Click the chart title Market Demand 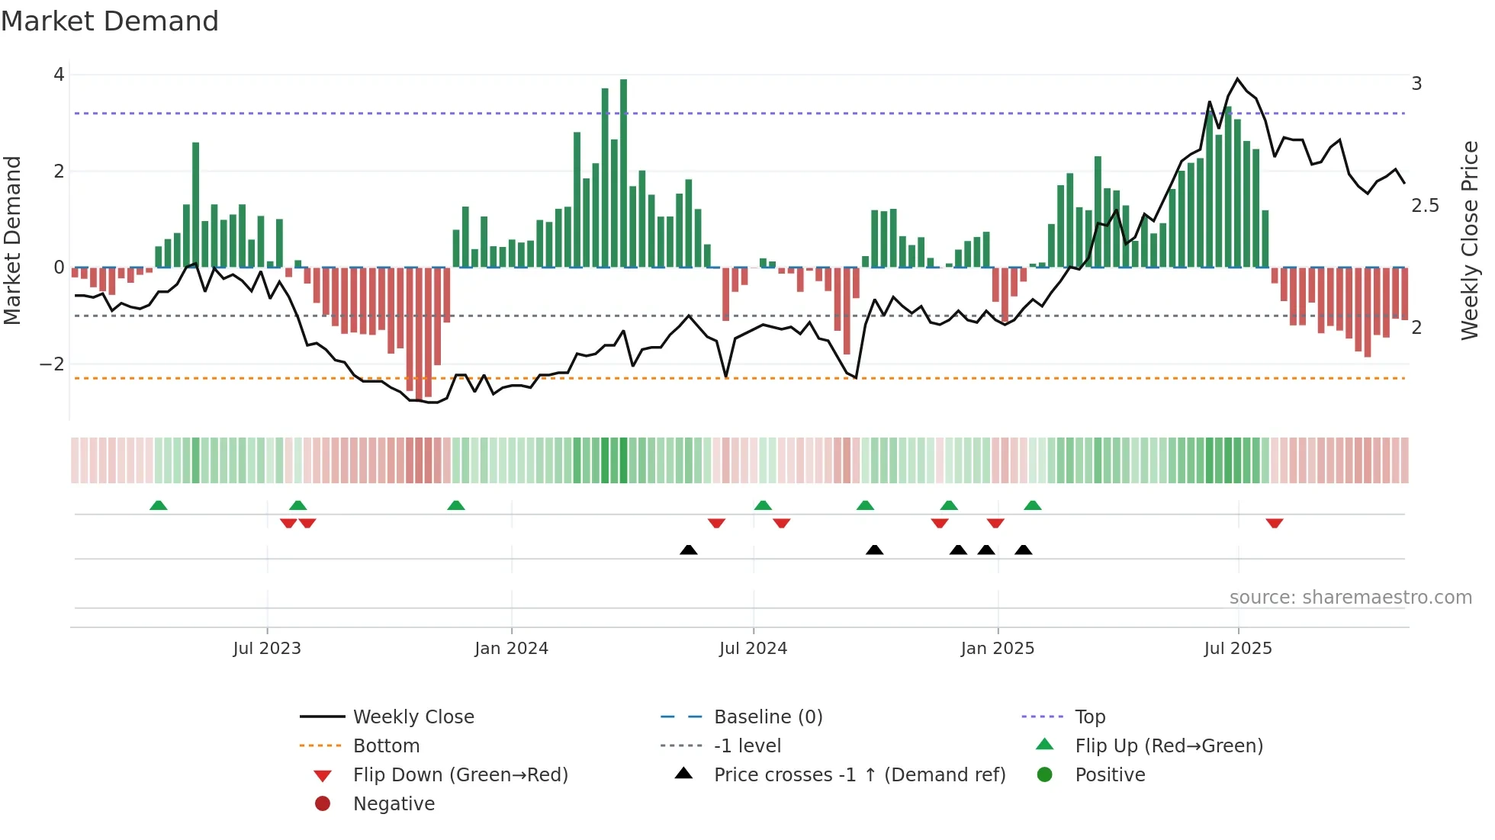coord(110,21)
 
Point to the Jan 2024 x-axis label coord(511,649)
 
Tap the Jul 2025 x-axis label coord(1238,649)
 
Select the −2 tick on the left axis coord(52,364)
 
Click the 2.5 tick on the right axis coord(1424,206)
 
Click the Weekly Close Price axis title coord(1469,240)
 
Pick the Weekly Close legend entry coord(413,717)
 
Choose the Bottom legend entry coord(386,746)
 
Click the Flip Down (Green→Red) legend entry coord(460,775)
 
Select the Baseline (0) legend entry coord(767,717)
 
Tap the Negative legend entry coord(394,804)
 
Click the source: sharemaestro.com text coord(1350,598)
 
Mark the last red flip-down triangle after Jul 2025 coord(1275,523)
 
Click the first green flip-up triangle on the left coord(158,505)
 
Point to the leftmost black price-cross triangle coord(688,550)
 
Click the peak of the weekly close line coord(1237,79)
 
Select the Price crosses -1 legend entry coord(859,775)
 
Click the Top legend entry coord(1089,717)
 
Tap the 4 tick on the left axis coord(59,75)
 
